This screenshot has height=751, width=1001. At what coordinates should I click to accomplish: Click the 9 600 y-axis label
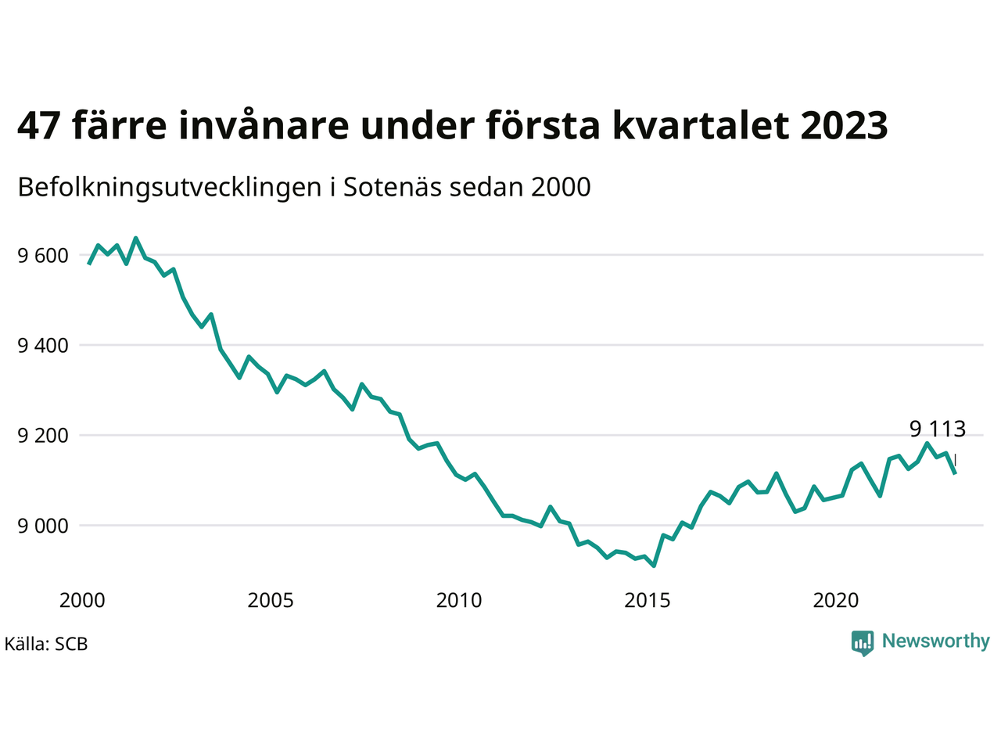43,256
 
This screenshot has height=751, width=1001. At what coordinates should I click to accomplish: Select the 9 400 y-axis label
43,345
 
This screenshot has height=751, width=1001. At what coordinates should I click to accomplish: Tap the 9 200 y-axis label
43,435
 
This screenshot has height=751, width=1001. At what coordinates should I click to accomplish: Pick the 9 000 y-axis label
43,526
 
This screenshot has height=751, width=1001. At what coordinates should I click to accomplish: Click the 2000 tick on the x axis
82,601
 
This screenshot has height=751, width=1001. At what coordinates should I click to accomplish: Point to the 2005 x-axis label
271,601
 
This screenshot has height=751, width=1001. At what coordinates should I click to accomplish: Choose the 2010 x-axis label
459,601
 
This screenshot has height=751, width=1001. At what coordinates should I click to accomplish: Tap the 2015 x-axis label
648,601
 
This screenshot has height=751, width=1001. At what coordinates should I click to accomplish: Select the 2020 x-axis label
836,601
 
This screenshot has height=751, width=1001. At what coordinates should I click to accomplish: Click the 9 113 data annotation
938,429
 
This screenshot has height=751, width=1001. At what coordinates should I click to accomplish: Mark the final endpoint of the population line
955,473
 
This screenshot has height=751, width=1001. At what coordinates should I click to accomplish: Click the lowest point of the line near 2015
654,566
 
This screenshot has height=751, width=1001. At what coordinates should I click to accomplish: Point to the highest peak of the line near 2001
136,238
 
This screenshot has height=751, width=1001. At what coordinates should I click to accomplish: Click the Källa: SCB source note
46,645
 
